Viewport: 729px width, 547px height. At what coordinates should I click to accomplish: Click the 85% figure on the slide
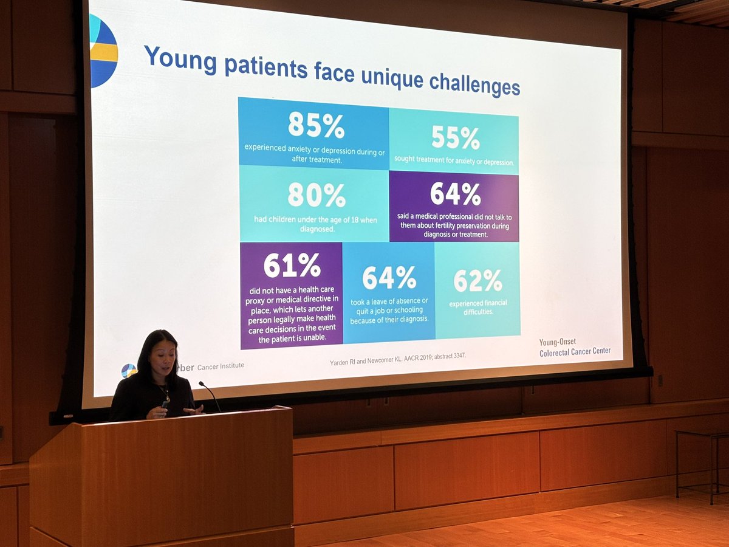tap(316, 125)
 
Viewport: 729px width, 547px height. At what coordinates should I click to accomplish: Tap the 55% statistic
tap(456, 138)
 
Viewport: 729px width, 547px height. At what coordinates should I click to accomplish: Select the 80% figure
tap(317, 195)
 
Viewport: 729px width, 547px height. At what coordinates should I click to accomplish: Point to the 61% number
tap(292, 266)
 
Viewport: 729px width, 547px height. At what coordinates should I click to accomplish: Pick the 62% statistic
tap(477, 280)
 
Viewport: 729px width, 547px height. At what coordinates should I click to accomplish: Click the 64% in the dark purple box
tap(455, 194)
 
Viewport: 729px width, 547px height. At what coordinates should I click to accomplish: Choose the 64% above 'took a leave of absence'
tap(389, 278)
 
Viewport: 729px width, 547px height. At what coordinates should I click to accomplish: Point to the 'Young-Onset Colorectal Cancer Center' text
tap(575, 346)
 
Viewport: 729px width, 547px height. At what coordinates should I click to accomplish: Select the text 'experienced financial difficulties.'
tap(478, 307)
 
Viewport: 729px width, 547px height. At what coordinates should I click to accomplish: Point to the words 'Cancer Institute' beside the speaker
tap(221, 366)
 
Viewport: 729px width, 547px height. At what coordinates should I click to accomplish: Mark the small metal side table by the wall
tap(702, 462)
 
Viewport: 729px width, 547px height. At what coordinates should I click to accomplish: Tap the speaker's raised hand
tap(192, 410)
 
